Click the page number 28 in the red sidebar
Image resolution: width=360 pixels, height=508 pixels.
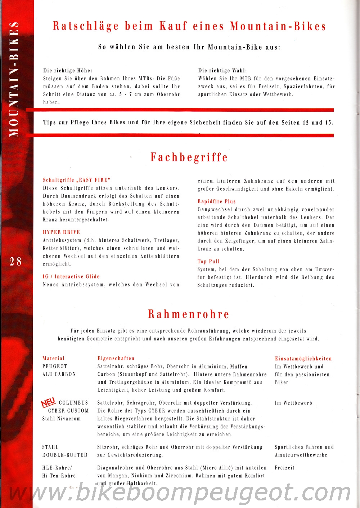pyautogui.click(x=15, y=261)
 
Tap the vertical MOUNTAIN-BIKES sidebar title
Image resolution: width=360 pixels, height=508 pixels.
pyautogui.click(x=14, y=79)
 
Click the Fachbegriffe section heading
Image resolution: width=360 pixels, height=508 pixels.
pyautogui.click(x=189, y=157)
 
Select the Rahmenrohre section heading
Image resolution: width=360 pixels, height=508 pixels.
pyautogui.click(x=189, y=314)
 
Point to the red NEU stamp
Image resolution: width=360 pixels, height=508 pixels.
pyautogui.click(x=48, y=402)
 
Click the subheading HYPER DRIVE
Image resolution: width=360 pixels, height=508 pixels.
pyautogui.click(x=62, y=232)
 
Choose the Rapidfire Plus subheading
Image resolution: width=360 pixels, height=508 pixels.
pyautogui.click(x=216, y=201)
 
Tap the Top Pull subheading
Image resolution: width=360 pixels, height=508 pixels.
pyautogui.click(x=208, y=262)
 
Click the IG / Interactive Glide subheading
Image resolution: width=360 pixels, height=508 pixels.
pyautogui.click(x=71, y=277)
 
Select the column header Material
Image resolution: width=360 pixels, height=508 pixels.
pyautogui.click(x=54, y=358)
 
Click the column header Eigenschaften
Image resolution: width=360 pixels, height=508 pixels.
pyautogui.click(x=116, y=358)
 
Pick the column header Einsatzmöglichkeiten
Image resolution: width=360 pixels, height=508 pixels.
pyautogui.click(x=303, y=358)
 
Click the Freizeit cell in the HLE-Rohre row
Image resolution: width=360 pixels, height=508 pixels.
pyautogui.click(x=284, y=468)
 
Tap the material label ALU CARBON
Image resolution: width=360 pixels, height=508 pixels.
pyautogui.click(x=59, y=374)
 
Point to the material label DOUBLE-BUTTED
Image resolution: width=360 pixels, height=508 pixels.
pyautogui.click(x=65, y=455)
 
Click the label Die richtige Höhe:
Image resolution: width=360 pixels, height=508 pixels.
pyautogui.click(x=68, y=71)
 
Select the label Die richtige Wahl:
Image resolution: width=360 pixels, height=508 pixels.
pyautogui.click(x=222, y=71)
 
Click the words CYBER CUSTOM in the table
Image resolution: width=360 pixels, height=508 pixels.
pyautogui.click(x=68, y=411)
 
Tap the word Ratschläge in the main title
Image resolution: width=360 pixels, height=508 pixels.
pyautogui.click(x=86, y=26)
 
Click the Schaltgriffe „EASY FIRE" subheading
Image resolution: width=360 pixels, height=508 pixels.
pyautogui.click(x=76, y=180)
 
